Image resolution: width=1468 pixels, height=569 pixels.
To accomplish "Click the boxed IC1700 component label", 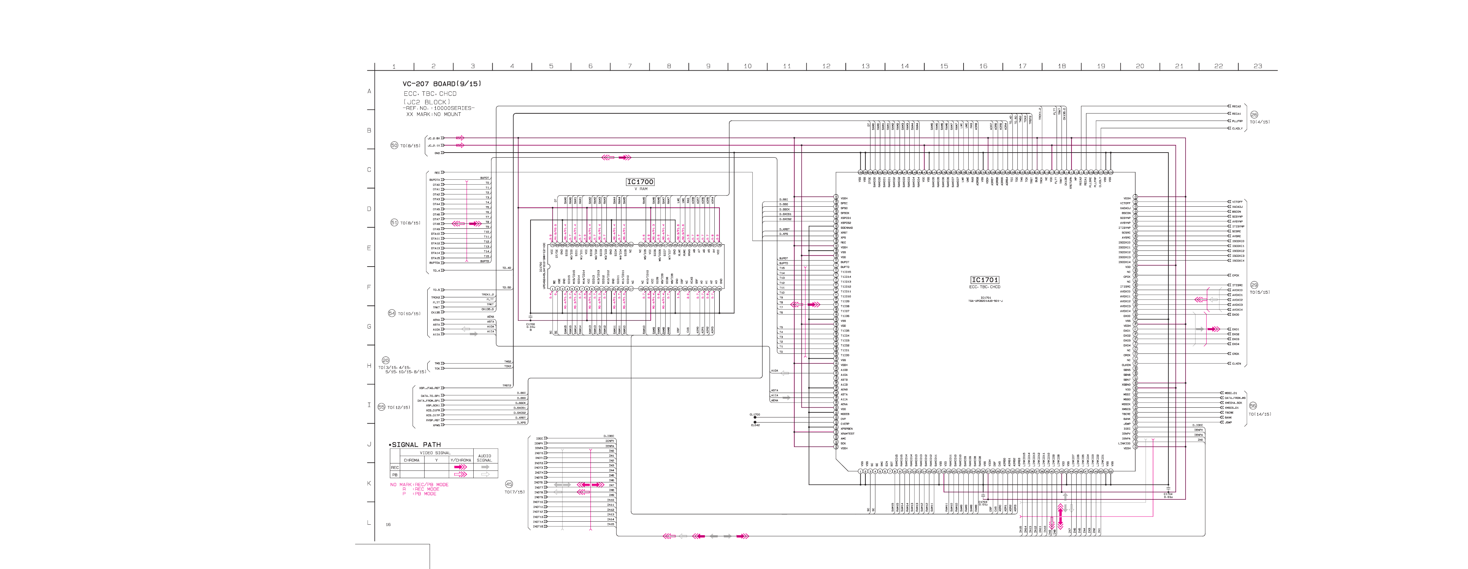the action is tap(640, 182).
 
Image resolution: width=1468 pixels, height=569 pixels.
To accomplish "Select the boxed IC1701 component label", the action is tap(985, 280).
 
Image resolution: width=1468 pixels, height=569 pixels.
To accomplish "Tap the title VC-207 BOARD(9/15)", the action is tap(442, 84).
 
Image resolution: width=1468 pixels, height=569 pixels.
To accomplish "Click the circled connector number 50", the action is tap(394, 145).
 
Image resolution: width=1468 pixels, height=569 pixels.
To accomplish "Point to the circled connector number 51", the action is tap(394, 223).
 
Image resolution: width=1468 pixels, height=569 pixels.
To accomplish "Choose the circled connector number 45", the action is tap(509, 484).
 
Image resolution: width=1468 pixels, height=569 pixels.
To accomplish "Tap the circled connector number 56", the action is tap(1253, 406).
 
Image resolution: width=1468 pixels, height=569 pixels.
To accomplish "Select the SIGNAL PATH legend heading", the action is tap(416, 444).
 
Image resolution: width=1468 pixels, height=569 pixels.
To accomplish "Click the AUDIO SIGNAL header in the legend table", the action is tap(484, 458).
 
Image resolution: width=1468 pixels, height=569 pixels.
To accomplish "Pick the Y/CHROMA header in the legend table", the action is tap(460, 460).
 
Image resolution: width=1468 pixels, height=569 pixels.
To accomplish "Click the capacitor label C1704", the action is tap(1168, 494).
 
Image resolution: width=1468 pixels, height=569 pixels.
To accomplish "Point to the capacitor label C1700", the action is tap(531, 324).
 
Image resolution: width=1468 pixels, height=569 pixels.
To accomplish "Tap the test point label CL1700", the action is tap(755, 415).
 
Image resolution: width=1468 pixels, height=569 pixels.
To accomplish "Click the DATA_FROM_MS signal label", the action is tap(1235, 398).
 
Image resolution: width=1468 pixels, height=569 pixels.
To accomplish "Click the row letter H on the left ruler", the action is tap(369, 366).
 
